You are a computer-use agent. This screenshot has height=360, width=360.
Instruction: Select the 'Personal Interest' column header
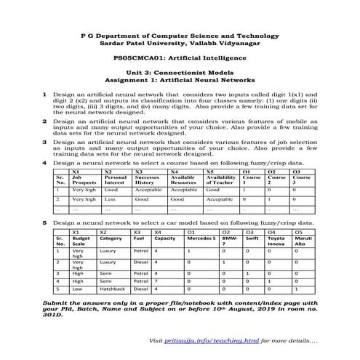tap(116, 180)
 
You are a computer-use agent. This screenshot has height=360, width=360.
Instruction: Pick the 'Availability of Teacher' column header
tap(221, 180)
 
